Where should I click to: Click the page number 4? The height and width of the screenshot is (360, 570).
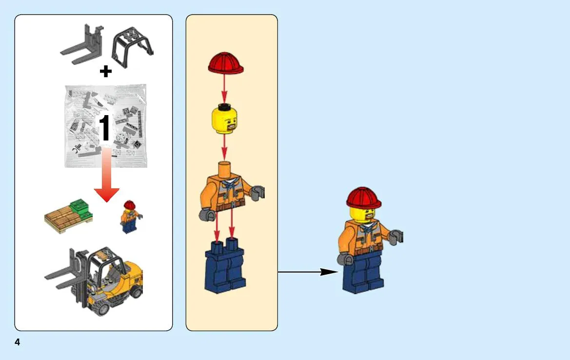click(x=17, y=342)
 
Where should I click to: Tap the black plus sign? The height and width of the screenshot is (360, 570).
click(x=106, y=71)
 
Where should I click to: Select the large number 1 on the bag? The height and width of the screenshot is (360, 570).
click(x=105, y=128)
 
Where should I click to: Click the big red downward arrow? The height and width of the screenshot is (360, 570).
click(x=106, y=175)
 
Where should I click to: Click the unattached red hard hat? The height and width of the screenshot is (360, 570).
click(x=226, y=63)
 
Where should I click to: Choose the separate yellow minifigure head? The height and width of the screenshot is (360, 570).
click(x=225, y=119)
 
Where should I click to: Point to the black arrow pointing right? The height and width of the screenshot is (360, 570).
click(x=308, y=272)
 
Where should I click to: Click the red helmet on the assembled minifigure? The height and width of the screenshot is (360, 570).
click(x=364, y=198)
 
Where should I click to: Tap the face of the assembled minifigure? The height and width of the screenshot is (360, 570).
click(x=365, y=215)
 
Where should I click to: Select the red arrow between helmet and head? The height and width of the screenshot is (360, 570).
click(x=224, y=89)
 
